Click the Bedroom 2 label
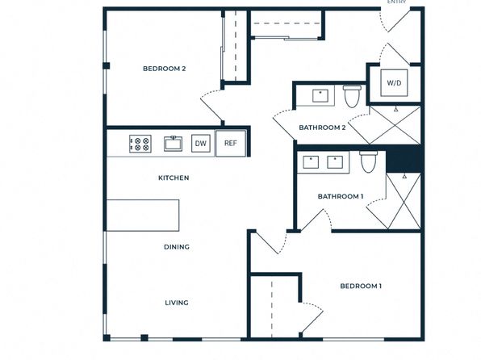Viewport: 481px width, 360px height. point(164,69)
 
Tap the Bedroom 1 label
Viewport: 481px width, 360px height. point(361,286)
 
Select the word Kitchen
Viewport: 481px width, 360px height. point(174,178)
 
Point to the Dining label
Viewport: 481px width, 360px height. point(177,247)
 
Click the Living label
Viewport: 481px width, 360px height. point(177,303)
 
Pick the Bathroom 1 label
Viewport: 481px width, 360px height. point(341,196)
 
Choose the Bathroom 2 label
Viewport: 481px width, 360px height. point(322,128)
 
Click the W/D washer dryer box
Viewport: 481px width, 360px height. point(394,83)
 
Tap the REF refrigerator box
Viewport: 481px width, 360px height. point(231,144)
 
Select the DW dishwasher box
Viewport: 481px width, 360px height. point(201,144)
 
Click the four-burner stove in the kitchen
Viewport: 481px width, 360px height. point(140,144)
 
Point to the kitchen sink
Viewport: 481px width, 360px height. point(173,144)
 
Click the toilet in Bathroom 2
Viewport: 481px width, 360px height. point(352,96)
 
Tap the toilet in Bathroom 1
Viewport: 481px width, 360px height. point(369,161)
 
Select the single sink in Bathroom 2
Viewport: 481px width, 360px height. point(320,96)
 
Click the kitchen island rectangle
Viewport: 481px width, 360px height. point(143,216)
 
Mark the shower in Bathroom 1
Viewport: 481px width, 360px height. point(404,201)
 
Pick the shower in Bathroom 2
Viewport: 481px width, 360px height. point(395,125)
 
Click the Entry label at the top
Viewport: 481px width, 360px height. point(396,2)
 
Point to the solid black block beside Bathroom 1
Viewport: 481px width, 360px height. point(404,159)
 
